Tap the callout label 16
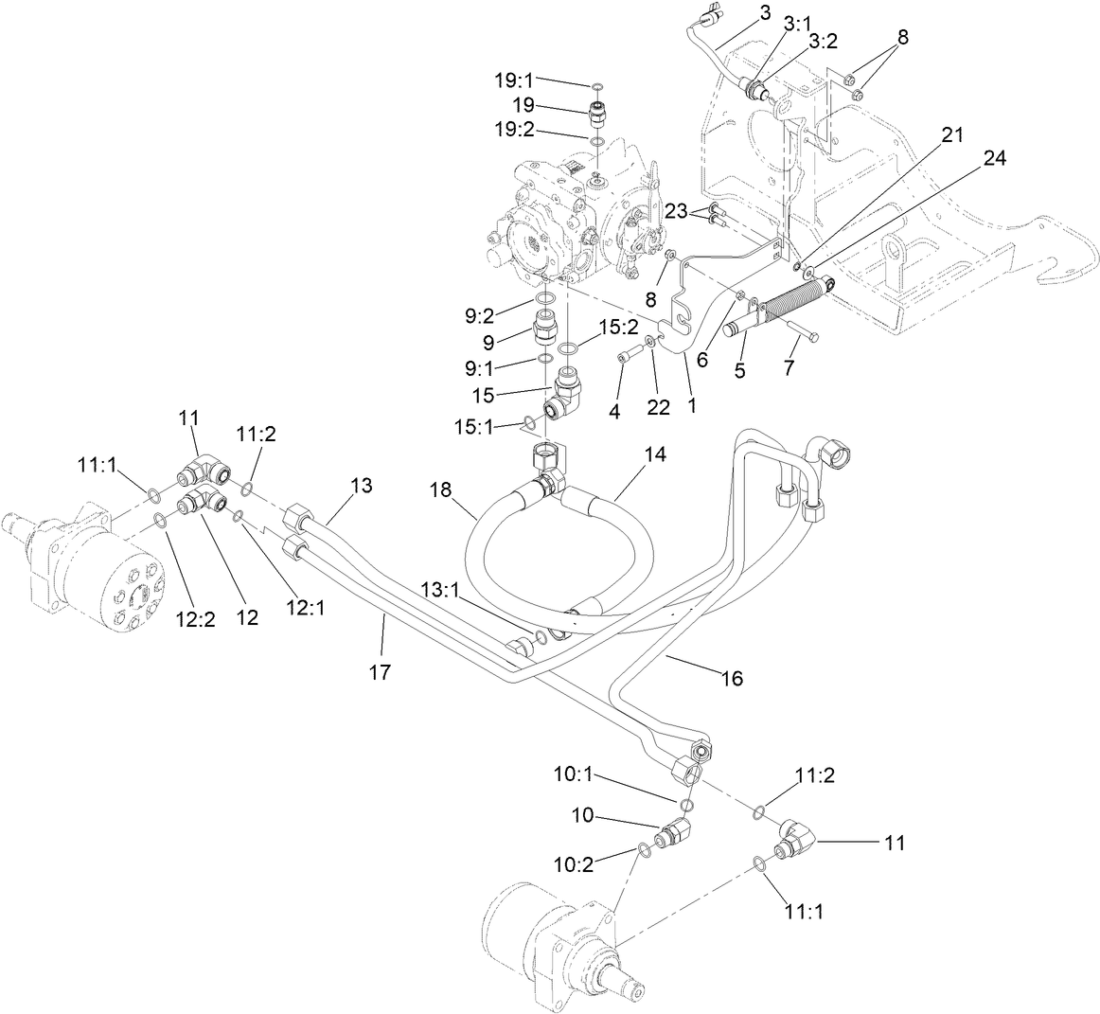731,678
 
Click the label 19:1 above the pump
517,79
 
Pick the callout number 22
658,408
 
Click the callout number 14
655,454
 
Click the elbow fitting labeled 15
566,394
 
